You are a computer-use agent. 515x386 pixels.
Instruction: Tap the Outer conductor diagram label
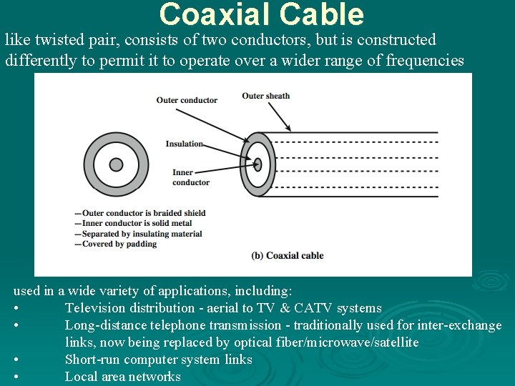pos(187,100)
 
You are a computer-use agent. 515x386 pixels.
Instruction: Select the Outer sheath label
pos(265,96)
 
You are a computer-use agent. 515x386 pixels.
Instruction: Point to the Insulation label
pos(184,144)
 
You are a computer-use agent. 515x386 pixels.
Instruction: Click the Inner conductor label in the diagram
pos(190,177)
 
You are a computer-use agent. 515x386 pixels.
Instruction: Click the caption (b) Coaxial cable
pos(288,255)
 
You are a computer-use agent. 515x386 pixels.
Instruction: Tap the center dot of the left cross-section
pos(115,164)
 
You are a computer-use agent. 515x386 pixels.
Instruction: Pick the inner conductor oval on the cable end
pos(257,164)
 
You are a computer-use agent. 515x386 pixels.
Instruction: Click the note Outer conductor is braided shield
pos(143,213)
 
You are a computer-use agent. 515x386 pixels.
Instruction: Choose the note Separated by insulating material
pos(142,234)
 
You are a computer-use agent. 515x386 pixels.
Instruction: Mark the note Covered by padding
pos(119,244)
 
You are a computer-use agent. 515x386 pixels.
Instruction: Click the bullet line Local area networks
pos(122,377)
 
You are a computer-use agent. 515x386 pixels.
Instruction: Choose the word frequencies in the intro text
pos(425,61)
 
